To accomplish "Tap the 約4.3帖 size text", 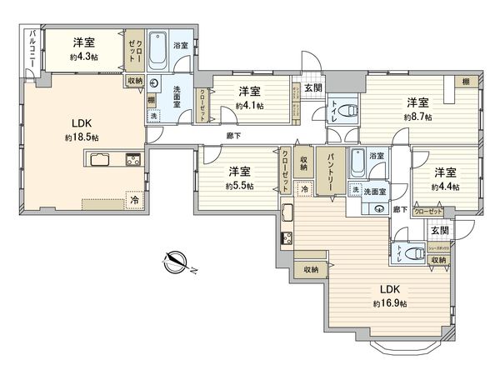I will click(x=82, y=59).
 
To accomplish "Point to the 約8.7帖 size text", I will click(x=418, y=117).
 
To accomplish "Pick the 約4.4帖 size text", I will click(x=445, y=187).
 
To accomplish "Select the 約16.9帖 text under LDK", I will click(x=390, y=304).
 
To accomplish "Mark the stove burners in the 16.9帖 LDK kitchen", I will click(x=287, y=238).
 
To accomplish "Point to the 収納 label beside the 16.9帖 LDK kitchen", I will click(x=311, y=269).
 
